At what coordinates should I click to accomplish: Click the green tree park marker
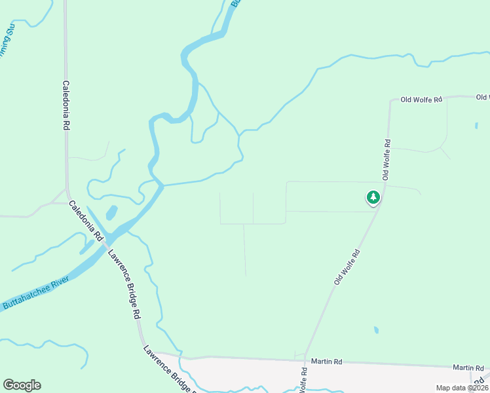(373, 197)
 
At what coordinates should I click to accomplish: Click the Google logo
(22, 385)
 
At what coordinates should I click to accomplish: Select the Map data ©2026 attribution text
(462, 388)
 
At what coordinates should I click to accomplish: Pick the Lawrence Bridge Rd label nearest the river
(124, 285)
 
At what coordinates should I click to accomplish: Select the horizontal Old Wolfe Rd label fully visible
(422, 99)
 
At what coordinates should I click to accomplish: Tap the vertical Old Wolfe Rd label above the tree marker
(387, 159)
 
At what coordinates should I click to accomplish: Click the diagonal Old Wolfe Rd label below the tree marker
(347, 266)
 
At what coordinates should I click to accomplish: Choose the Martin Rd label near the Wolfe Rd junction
(326, 361)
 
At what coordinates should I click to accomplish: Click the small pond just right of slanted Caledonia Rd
(111, 213)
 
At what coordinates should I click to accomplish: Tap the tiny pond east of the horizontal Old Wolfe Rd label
(476, 124)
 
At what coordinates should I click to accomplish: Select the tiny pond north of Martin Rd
(375, 330)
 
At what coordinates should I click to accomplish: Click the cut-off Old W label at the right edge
(483, 98)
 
